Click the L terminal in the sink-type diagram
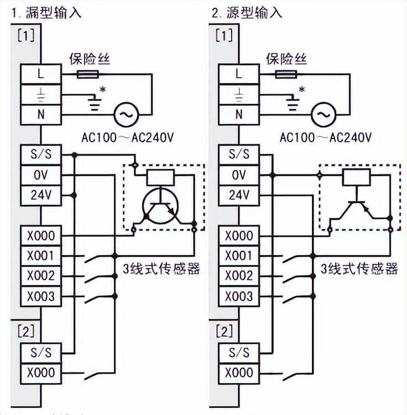tap(41, 73)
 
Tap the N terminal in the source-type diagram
tap(239, 115)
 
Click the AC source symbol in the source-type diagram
tap(322, 115)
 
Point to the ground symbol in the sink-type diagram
tap(95, 103)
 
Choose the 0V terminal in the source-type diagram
tap(239, 175)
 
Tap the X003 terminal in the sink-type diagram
tap(41, 296)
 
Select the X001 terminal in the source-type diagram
tap(239, 256)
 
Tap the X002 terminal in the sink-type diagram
tap(41, 276)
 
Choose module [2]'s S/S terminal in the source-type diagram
tap(239, 352)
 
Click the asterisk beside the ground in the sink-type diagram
tap(101, 89)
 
